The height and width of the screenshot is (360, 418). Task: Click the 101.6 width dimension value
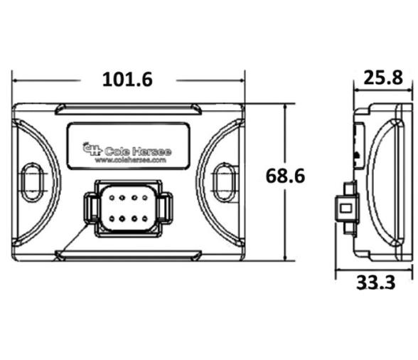(128, 79)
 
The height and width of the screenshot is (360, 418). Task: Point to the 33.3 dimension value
(375, 282)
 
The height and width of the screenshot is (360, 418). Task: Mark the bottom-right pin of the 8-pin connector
(144, 218)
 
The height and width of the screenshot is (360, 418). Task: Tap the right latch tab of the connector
(164, 208)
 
